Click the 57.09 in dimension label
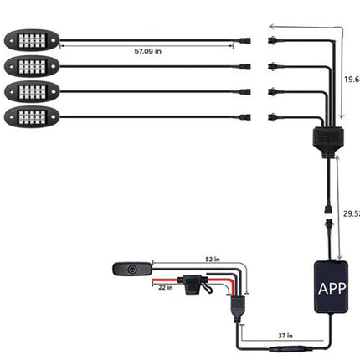point(147,52)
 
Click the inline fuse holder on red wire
point(197,283)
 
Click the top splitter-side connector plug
point(275,40)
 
